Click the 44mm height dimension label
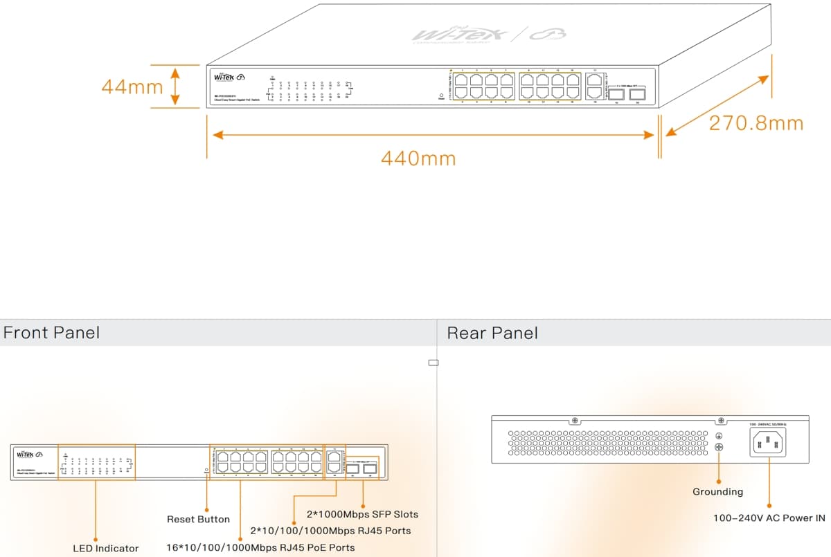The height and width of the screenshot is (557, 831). (x=132, y=86)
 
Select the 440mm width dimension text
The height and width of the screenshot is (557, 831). (x=418, y=158)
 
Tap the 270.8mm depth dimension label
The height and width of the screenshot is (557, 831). (x=756, y=123)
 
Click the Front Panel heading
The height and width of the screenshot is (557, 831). (x=51, y=333)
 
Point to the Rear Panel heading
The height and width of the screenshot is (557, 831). (x=492, y=333)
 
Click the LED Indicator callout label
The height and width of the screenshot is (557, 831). (x=106, y=548)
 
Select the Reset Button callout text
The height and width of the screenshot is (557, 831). (x=198, y=519)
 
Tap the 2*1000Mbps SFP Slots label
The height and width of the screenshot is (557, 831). (x=362, y=514)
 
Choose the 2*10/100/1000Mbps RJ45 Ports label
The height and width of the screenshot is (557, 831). (x=330, y=531)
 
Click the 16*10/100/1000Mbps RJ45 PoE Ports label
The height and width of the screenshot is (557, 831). (x=260, y=547)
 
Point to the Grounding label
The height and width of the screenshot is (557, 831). (x=717, y=491)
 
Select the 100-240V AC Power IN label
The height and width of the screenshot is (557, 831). (x=769, y=518)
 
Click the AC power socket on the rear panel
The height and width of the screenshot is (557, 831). (x=768, y=441)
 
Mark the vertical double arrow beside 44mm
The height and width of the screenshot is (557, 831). (x=175, y=86)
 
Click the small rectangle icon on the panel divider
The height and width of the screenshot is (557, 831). (x=434, y=362)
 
